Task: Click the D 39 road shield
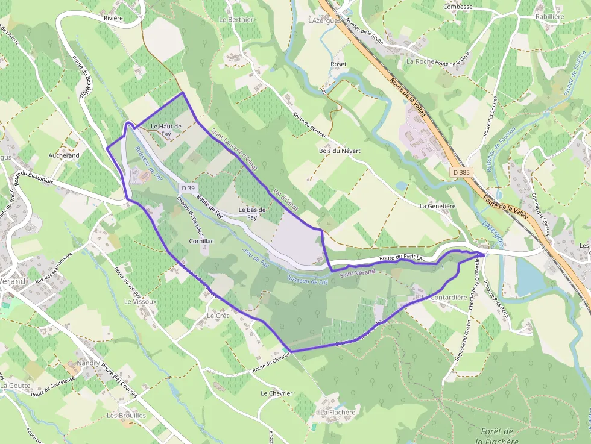[x=188, y=189]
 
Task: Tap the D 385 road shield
[x=461, y=172]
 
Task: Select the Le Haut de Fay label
[x=166, y=130]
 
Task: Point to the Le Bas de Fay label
[x=252, y=214]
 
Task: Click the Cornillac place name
[x=201, y=240]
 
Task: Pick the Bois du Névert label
[x=340, y=151]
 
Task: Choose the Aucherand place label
[x=64, y=155]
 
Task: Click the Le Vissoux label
[x=140, y=301]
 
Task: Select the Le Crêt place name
[x=217, y=316]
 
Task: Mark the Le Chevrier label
[x=276, y=393]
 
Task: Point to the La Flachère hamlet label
[x=337, y=413]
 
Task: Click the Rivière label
[x=113, y=18]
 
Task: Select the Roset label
[x=338, y=64]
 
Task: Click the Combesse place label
[x=458, y=7]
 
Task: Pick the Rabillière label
[x=549, y=17]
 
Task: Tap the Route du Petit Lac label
[x=402, y=258]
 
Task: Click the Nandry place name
[x=88, y=364]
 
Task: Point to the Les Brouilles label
[x=126, y=416]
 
